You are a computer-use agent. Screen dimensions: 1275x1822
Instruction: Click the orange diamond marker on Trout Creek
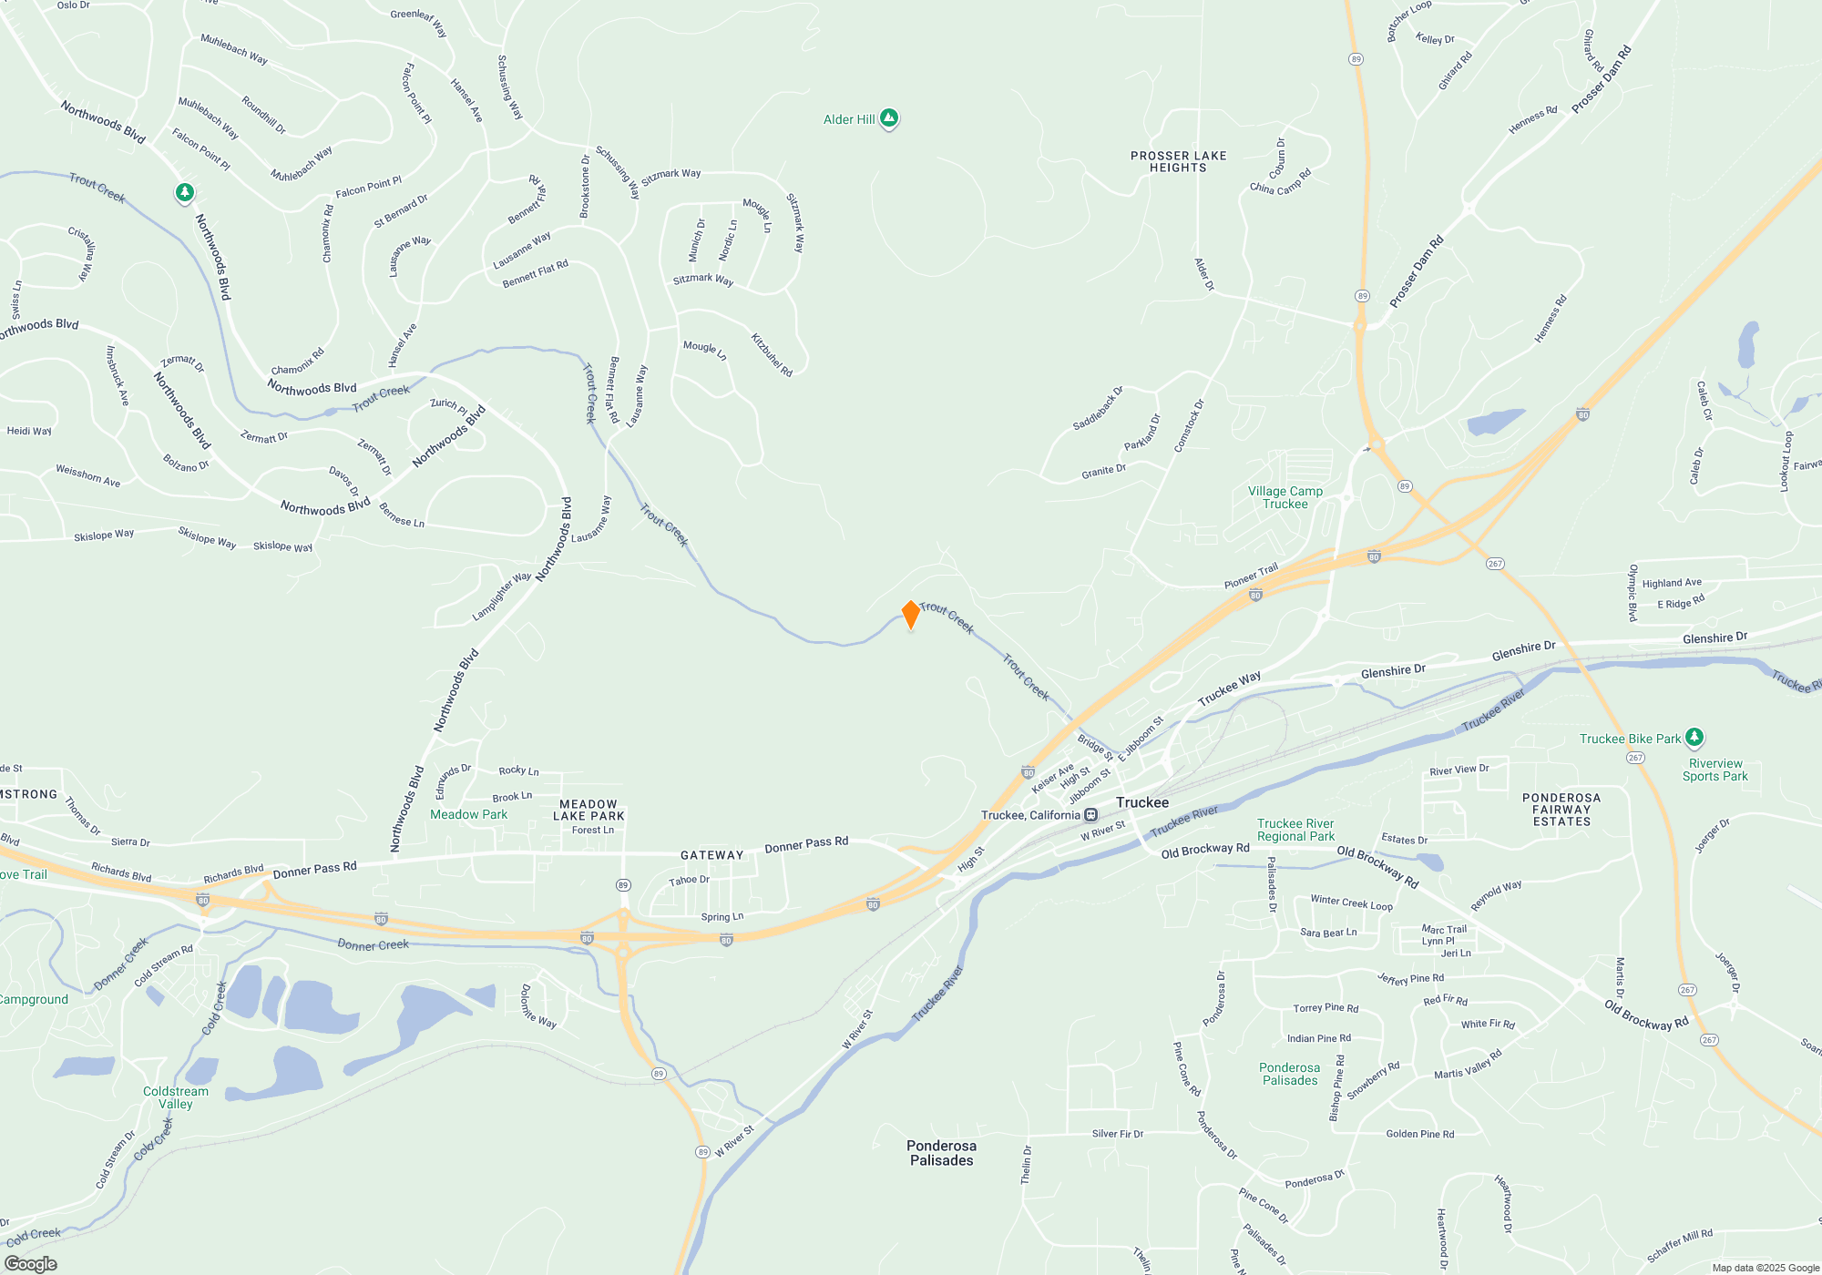click(x=910, y=615)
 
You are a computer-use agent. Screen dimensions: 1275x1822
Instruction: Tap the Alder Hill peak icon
click(x=889, y=118)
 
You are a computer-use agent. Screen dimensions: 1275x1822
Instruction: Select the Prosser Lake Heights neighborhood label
click(x=1178, y=162)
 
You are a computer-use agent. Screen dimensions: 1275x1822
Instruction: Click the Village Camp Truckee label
click(x=1285, y=497)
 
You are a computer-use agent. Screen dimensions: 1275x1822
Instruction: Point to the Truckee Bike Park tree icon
click(x=1694, y=737)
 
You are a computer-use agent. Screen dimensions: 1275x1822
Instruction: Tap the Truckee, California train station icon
click(x=1090, y=815)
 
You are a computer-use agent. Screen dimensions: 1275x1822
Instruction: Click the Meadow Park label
click(x=468, y=815)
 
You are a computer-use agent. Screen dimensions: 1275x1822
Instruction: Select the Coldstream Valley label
click(x=176, y=1097)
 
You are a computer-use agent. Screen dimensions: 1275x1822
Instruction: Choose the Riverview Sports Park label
click(x=1715, y=770)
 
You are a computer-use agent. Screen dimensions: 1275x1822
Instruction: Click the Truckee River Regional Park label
click(x=1295, y=830)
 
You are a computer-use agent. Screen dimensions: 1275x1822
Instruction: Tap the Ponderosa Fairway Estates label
click(x=1561, y=810)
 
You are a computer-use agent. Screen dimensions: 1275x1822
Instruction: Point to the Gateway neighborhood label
click(x=711, y=855)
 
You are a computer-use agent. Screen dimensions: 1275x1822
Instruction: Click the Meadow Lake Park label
click(x=589, y=811)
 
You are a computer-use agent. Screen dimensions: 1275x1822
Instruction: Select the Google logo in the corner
click(x=31, y=1263)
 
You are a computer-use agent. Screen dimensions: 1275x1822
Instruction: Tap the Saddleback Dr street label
click(x=1098, y=409)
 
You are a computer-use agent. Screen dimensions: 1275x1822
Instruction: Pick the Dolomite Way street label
click(x=537, y=1006)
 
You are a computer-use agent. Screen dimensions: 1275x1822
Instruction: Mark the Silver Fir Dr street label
click(x=1117, y=1134)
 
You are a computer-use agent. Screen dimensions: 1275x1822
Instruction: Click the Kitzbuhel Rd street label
click(x=772, y=354)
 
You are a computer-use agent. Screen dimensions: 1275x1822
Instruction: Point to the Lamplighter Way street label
click(x=501, y=597)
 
